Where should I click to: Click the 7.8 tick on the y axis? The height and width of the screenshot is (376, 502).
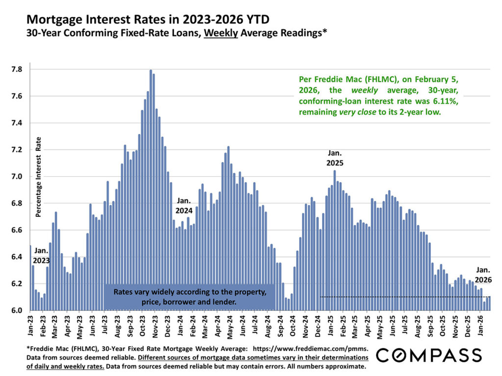click(16, 70)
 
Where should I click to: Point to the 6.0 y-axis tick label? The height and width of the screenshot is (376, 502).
click(16, 310)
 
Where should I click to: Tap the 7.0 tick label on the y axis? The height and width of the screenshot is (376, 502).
click(16, 177)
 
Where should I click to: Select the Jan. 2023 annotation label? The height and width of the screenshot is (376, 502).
click(41, 255)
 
